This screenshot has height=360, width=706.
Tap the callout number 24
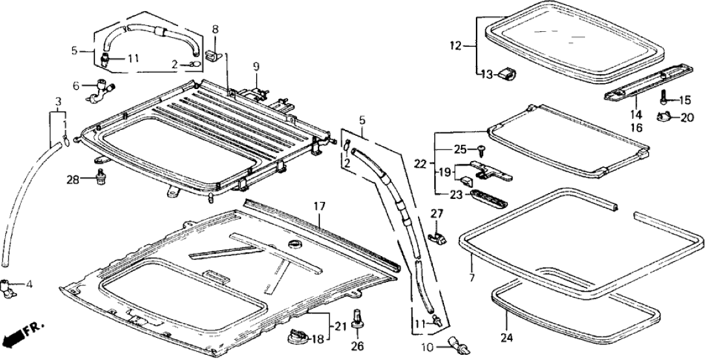[x=507, y=337]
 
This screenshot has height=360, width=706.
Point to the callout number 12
[x=455, y=45]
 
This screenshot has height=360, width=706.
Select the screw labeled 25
[x=482, y=150]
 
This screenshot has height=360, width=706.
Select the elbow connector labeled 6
[x=101, y=87]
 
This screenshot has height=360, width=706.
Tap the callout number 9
[x=256, y=66]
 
